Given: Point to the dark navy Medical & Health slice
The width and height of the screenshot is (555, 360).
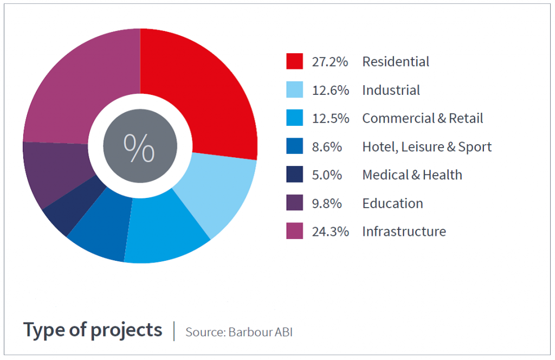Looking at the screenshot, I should (70, 211).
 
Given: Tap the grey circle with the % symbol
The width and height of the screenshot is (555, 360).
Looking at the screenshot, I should (140, 146).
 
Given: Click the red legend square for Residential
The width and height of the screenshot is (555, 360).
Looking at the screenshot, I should (294, 61).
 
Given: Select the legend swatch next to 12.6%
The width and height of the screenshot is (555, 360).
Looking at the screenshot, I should (294, 90).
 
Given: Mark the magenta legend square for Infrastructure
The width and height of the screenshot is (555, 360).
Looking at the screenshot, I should (294, 232).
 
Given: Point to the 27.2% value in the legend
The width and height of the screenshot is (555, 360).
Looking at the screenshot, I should (330, 62).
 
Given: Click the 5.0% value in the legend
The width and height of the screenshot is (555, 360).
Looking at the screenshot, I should (327, 175).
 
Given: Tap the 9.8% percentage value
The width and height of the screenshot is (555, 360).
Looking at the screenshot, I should (327, 203).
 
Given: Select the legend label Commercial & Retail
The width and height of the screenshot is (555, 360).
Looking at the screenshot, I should (422, 118).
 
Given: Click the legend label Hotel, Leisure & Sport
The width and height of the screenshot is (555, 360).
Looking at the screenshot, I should (427, 147).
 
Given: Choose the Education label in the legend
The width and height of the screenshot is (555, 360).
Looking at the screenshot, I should (392, 203).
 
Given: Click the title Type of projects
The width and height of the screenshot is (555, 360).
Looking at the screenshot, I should (93, 330).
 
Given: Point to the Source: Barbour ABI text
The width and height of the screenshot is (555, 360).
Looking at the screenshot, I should (238, 332).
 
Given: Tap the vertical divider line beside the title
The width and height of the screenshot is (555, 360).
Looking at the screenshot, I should (174, 331).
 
